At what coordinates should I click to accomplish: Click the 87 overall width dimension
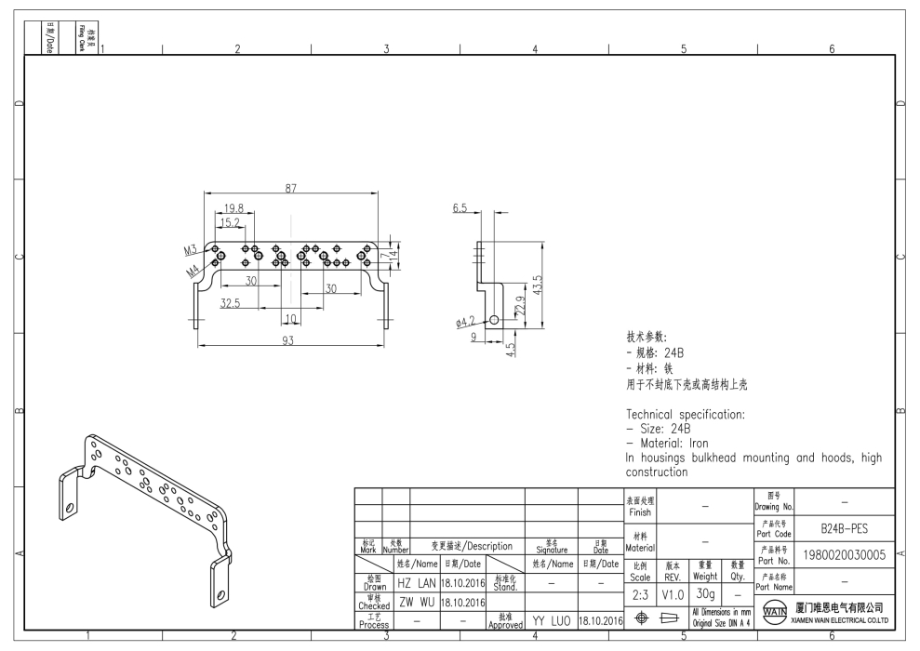[x=291, y=188]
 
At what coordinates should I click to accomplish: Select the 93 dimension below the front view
[x=287, y=341]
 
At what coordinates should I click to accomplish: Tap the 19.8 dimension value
[x=233, y=209]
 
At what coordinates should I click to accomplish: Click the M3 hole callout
[x=191, y=250]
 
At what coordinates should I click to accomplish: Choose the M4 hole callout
[x=193, y=272]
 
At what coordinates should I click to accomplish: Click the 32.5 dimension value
[x=230, y=303]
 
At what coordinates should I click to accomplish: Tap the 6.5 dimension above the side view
[x=460, y=208]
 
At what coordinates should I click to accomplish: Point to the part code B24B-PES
[x=844, y=529]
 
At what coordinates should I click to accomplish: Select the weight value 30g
[x=706, y=592]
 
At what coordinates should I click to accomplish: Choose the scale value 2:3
[x=639, y=592]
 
